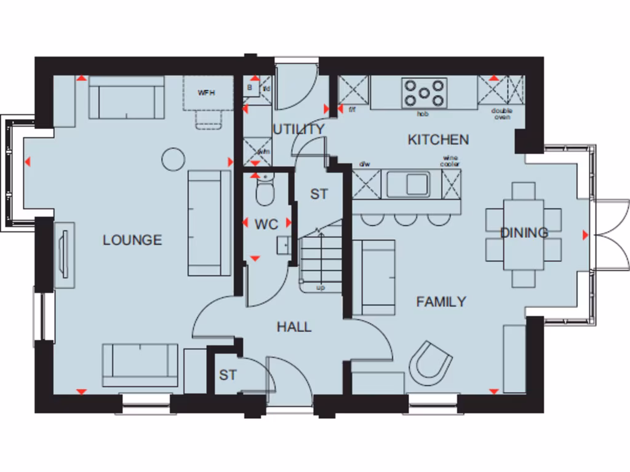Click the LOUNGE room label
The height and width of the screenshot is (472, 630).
click(132, 240)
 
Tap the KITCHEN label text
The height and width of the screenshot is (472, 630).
click(438, 140)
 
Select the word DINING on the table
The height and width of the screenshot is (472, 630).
click(524, 233)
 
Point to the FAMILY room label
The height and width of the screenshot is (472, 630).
click(441, 302)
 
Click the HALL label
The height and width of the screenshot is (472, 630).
click(293, 327)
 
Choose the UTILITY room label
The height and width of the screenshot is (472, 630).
click(298, 130)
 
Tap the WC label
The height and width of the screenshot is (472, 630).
click(266, 224)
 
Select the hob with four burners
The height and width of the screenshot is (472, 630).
click(424, 93)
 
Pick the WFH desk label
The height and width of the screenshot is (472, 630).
click(205, 93)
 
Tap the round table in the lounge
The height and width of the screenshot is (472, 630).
click(173, 159)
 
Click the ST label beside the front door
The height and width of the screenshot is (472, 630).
click(228, 375)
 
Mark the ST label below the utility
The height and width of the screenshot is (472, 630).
click(319, 194)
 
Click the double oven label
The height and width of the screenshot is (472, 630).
click(501, 113)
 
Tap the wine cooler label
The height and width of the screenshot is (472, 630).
click(450, 162)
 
